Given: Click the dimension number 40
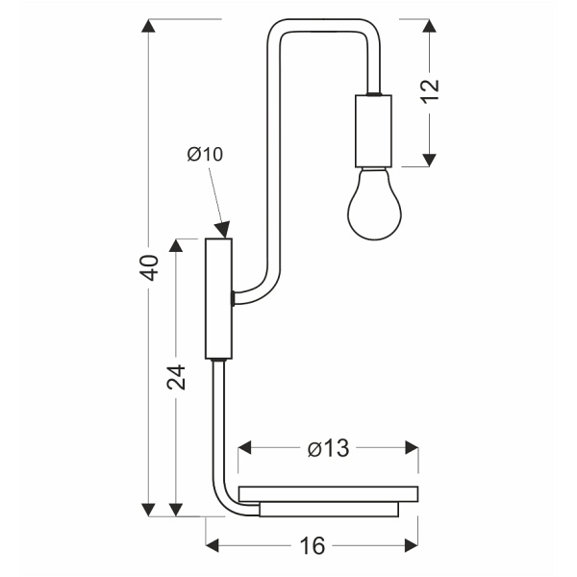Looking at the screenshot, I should click(147, 268).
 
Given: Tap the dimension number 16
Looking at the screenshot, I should click(312, 546).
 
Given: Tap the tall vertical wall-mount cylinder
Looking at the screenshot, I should click(218, 298).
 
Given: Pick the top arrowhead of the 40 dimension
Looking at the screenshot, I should click(147, 28).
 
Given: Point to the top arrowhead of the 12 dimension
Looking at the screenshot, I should click(430, 28).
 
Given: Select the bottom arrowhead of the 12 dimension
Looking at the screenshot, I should click(430, 156).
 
